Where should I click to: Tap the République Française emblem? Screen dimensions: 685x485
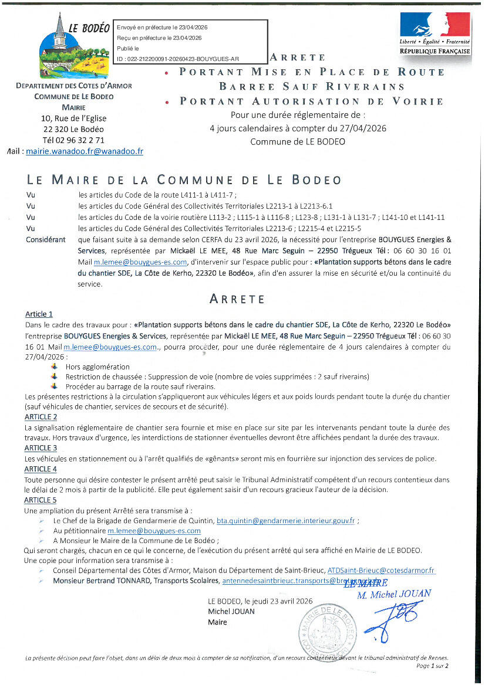pos(435,33)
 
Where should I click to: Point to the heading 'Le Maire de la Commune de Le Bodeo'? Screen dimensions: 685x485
pos(184,180)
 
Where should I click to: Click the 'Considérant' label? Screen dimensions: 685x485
pos(46,240)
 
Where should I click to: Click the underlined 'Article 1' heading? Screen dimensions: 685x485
pos(39,314)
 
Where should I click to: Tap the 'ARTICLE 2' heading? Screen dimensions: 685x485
pos(41,417)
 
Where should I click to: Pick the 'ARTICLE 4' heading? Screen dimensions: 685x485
pos(41,469)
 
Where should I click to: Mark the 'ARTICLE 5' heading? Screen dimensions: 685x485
pos(41,500)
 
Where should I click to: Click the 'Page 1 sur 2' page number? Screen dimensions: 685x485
pos(432,666)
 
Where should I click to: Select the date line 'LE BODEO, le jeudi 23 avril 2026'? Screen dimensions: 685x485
pos(260,602)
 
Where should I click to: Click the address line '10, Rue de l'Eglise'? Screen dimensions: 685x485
pos(75,118)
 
